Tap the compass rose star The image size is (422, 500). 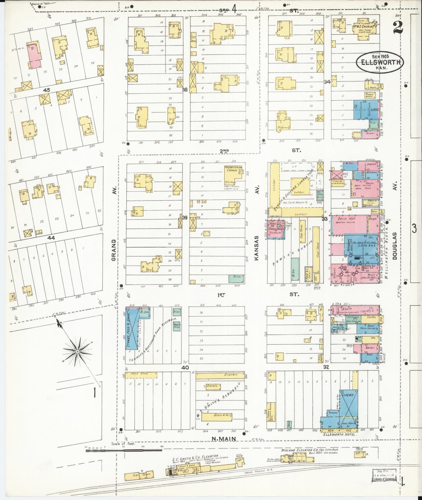point(78,352)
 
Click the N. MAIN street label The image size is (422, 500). point(223,438)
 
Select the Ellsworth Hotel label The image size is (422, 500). point(340,435)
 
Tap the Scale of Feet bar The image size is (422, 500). point(124,450)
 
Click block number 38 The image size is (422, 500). point(185,90)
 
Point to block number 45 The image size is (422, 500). point(46,90)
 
